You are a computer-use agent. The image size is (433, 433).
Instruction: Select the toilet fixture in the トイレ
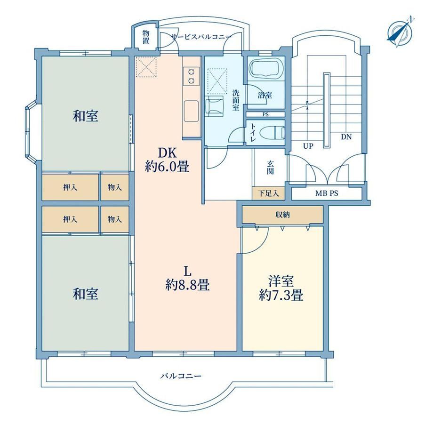tap(279, 132)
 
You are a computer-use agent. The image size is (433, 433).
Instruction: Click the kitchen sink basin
tap(192, 111)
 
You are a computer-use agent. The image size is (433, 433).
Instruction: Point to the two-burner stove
tap(191, 76)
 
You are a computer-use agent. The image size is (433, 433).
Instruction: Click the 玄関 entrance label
tap(270, 168)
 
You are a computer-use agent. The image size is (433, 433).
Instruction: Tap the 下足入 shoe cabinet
tap(268, 193)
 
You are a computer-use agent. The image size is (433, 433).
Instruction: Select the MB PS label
tap(327, 193)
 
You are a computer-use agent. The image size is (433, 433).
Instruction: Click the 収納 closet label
tap(282, 215)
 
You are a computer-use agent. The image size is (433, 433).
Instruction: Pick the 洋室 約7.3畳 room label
tap(281, 289)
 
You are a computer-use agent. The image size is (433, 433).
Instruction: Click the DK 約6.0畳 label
tap(167, 160)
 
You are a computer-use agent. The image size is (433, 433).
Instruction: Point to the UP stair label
tap(308, 146)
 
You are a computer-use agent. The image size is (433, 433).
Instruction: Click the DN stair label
tap(346, 136)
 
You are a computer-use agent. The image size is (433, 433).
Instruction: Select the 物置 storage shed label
tap(146, 37)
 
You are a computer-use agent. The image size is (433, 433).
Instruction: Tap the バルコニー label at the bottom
tap(181, 376)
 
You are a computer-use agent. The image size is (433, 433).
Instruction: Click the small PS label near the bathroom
tap(265, 114)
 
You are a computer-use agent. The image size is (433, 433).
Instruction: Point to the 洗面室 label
tap(235, 100)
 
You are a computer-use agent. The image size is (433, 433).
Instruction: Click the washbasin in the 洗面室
tap(214, 106)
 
